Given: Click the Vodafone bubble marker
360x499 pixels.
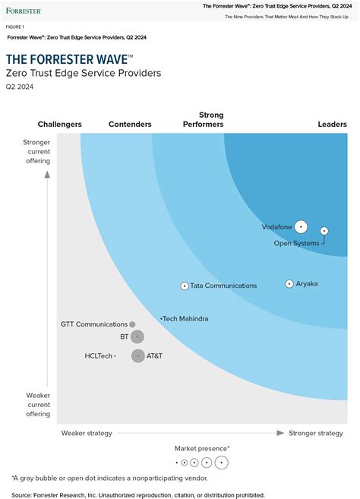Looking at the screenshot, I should (301, 226).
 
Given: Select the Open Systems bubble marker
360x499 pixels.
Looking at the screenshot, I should (324, 230).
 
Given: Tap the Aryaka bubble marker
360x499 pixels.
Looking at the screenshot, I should (289, 284).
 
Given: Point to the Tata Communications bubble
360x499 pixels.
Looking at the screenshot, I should (185, 286).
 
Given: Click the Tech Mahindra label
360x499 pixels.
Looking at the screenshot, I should (186, 319).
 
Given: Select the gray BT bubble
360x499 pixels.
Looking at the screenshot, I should (137, 336).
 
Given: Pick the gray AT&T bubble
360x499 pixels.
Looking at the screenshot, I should (137, 355).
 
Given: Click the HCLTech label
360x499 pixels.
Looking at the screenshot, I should (98, 355).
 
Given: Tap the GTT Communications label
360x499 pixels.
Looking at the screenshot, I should (93, 324).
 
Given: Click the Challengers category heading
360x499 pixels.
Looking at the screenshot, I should (60, 125).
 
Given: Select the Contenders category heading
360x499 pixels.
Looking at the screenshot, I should (130, 125).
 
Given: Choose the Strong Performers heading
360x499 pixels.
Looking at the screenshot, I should (204, 119).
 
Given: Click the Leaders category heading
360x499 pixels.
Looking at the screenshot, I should (332, 125).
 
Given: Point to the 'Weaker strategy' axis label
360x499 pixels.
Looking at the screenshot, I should (87, 433).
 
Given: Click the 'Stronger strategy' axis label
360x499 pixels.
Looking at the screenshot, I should (316, 433).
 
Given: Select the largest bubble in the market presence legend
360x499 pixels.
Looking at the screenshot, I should (221, 462).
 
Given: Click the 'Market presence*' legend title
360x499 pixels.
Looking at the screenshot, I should (202, 449).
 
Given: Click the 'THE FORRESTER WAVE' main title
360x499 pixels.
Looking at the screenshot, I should (69, 59).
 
